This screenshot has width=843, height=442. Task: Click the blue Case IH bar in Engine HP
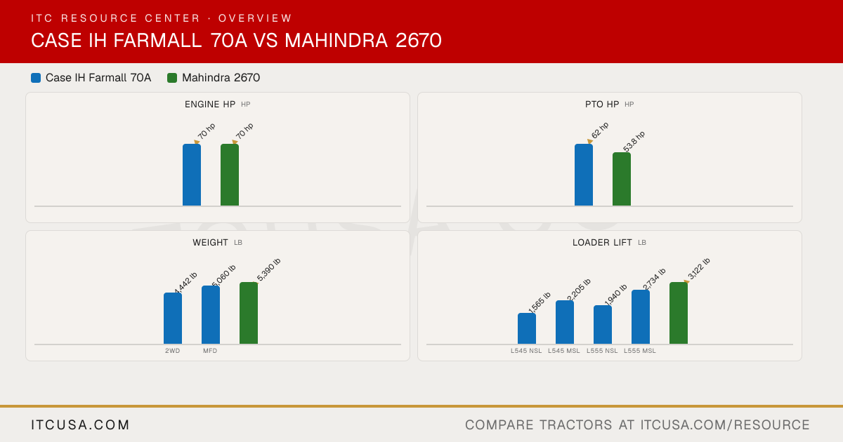coord(192,175)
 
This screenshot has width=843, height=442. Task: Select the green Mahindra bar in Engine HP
coord(230,175)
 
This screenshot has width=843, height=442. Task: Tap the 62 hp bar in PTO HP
coord(584,175)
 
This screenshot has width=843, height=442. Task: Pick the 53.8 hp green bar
coord(622,179)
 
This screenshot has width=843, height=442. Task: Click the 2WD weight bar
coord(173,319)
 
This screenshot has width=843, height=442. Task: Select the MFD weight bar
coord(211,315)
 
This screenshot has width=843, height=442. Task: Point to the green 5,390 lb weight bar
coord(249,313)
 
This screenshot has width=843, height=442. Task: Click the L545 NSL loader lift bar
coord(527,328)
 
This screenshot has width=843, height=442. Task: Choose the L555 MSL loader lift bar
coord(641,317)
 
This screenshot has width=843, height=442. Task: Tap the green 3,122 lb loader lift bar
coord(679,313)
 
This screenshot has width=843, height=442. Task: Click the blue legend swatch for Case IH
coord(36,78)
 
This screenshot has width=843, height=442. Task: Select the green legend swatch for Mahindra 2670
coord(172,78)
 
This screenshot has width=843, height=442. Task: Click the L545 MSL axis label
coord(563,351)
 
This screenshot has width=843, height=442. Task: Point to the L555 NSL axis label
coord(602,351)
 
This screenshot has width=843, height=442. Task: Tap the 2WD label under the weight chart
coord(172,351)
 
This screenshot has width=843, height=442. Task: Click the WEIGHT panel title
coord(210,243)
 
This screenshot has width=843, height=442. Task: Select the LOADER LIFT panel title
coord(602,243)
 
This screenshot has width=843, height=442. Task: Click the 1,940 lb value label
coord(615,295)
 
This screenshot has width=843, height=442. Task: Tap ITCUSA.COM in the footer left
coord(80,424)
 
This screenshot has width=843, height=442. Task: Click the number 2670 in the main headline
coord(419,40)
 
